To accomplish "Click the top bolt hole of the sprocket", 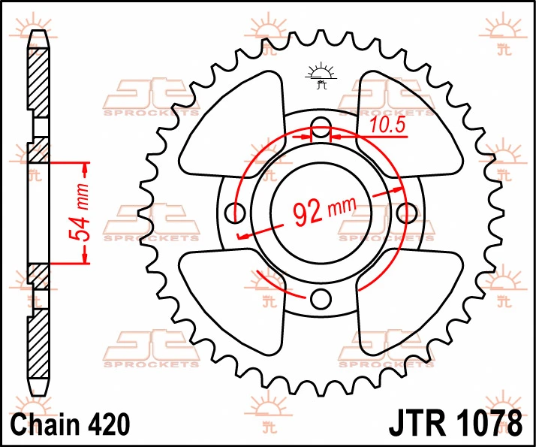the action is pyautogui.click(x=321, y=126).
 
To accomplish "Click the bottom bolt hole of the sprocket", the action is pyautogui.click(x=321, y=299).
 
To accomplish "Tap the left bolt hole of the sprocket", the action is pyautogui.click(x=235, y=213).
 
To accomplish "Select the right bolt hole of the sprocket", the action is pyautogui.click(x=407, y=213).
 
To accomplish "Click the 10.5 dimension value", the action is pyautogui.click(x=387, y=125).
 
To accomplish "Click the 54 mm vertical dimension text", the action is pyautogui.click(x=78, y=212).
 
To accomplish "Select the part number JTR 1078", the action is pyautogui.click(x=456, y=424).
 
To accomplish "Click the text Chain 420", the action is pyautogui.click(x=71, y=424).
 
